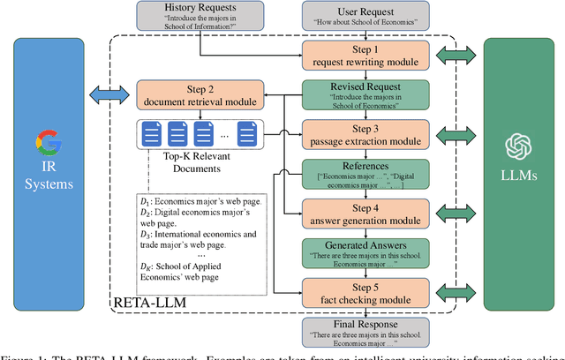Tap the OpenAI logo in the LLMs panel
tap(516, 146)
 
